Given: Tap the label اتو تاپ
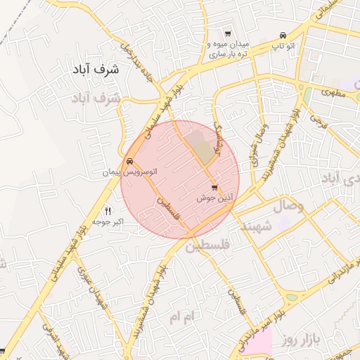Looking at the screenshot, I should pyautogui.click(x=283, y=46).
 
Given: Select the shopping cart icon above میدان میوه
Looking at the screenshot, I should pyautogui.click(x=227, y=33).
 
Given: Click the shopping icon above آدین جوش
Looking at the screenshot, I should pyautogui.click(x=214, y=187).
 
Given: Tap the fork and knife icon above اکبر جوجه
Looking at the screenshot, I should pyautogui.click(x=108, y=210).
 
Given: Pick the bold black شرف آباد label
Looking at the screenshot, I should pyautogui.click(x=96, y=70).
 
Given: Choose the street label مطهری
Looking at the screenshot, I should pyautogui.click(x=335, y=92).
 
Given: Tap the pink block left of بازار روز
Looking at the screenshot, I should pyautogui.click(x=259, y=342).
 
